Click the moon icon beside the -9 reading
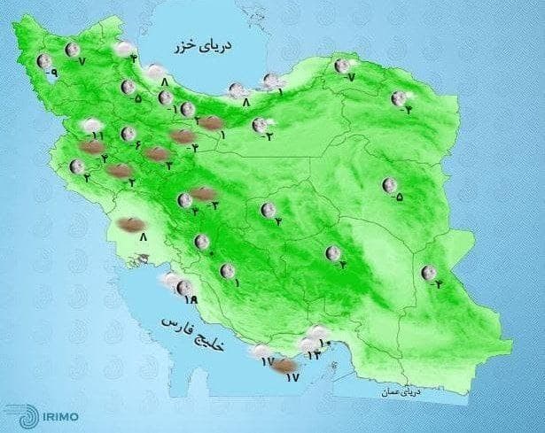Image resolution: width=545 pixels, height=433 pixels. pos(43,61)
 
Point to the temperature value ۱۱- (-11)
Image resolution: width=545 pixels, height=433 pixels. pos(97,135)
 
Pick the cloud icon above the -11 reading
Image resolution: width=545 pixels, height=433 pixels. pos(89,125)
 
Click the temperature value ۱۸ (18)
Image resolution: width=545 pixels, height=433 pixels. pos(188,300)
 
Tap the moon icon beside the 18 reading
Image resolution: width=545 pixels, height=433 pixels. pos(183,287)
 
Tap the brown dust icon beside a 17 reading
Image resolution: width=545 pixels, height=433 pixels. pos(284,367)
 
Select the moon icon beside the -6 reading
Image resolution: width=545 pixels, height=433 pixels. pos(128,135)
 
